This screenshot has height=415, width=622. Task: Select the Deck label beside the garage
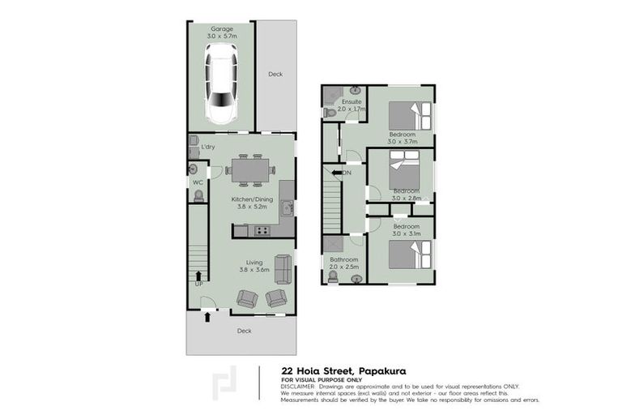pyautogui.click(x=275, y=74)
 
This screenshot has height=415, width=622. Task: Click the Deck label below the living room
pyautogui.click(x=244, y=331)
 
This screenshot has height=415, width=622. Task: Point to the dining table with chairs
pyautogui.click(x=249, y=169)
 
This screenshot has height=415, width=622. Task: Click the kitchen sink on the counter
pyautogui.click(x=288, y=208)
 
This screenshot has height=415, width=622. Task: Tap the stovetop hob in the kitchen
pyautogui.click(x=262, y=231)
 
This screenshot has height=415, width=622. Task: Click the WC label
pyautogui.click(x=196, y=182)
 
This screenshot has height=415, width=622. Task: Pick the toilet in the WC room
pyautogui.click(x=193, y=169)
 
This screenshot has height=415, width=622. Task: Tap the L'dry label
pyautogui.click(x=208, y=147)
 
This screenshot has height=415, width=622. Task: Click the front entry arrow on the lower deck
pyautogui.click(x=209, y=317)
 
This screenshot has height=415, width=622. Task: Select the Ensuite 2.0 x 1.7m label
pyautogui.click(x=351, y=105)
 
